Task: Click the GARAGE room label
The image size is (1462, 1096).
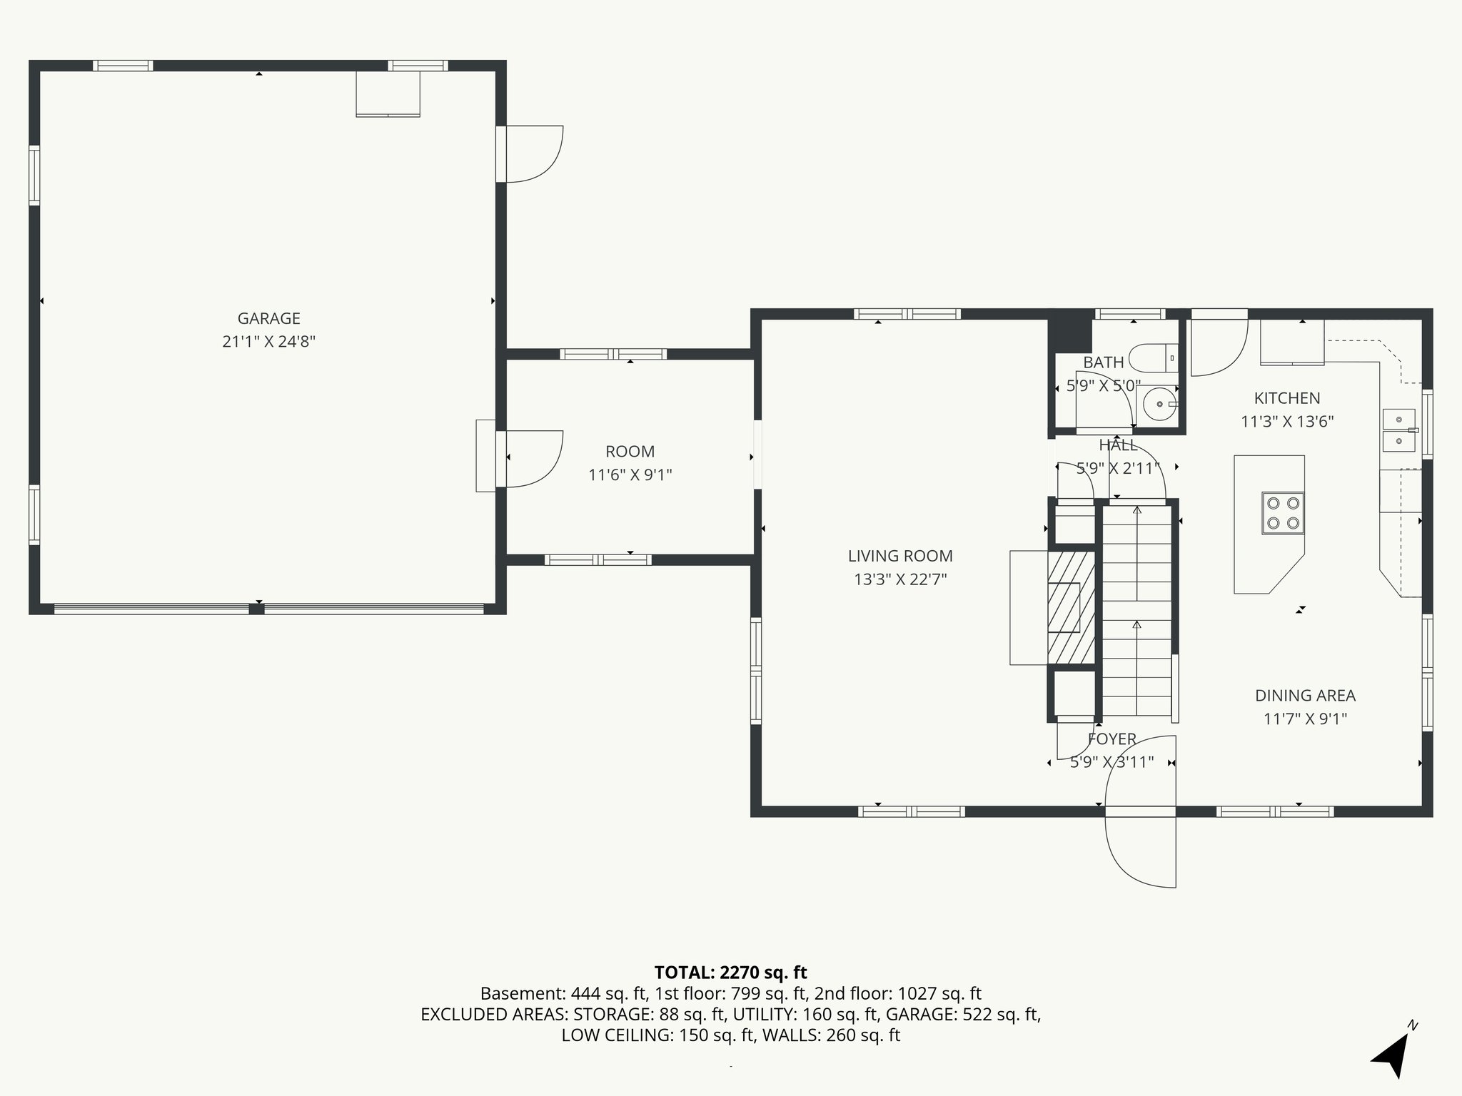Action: point(268,318)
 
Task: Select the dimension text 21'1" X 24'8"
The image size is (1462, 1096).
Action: point(268,342)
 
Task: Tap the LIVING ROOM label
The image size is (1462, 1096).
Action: point(899,556)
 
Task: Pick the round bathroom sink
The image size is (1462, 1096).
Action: point(1159,405)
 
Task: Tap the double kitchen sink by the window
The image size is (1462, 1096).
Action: point(1398,430)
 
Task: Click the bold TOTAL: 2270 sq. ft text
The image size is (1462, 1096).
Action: point(730,972)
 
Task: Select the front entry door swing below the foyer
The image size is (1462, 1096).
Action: point(1140,849)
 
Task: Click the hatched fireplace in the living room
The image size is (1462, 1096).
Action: point(1071,607)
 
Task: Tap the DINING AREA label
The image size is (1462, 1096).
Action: point(1305,695)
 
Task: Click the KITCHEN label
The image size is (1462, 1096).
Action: point(1286,398)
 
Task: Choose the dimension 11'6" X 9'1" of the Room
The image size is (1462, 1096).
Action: point(630,475)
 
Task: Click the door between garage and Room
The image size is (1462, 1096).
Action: point(532,458)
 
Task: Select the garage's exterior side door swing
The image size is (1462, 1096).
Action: point(533,153)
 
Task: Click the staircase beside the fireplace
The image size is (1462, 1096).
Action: point(1136,610)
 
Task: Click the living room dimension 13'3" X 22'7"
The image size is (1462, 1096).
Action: point(899,579)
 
